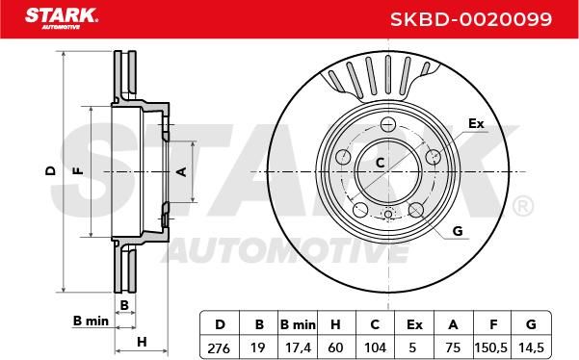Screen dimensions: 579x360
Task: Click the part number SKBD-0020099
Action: [x=471, y=19]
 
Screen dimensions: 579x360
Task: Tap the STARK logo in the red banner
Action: [x=62, y=18]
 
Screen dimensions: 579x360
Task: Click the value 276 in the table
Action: [x=219, y=347]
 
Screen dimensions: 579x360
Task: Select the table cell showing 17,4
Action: [x=298, y=347]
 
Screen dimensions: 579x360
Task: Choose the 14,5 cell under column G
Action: [x=531, y=347]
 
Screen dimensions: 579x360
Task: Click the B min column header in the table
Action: [x=298, y=324]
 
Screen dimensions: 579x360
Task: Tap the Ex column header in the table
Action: [x=414, y=324]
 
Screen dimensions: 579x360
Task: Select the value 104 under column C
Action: [x=375, y=347]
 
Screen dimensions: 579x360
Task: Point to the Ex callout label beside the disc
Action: [x=476, y=123]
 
